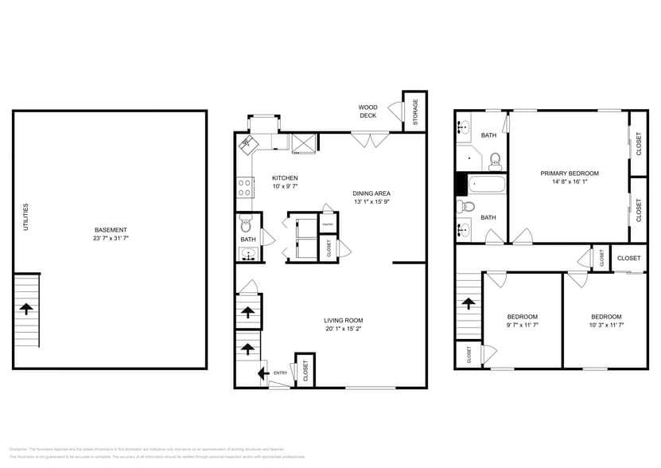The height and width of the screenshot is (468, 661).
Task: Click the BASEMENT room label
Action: (x=110, y=230)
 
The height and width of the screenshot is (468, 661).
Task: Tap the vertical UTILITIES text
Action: (x=25, y=216)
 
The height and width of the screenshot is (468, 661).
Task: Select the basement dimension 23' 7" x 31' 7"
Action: (x=110, y=238)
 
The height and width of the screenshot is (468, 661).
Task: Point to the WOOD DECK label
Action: (x=367, y=111)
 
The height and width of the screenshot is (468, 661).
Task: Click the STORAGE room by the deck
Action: (x=414, y=112)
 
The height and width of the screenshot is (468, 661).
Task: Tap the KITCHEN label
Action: (x=285, y=177)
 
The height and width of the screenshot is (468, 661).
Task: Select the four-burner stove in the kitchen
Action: (x=245, y=188)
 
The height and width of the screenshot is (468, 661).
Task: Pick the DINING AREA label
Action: (x=371, y=193)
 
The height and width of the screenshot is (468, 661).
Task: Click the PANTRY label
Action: (x=327, y=225)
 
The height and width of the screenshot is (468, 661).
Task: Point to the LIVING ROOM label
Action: (x=343, y=320)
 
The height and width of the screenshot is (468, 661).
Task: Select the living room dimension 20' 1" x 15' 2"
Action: (x=343, y=328)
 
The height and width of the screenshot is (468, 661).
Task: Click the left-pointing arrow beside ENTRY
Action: (x=262, y=372)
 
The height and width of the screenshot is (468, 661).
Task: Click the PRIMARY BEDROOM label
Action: (x=570, y=173)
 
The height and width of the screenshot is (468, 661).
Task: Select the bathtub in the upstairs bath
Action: (x=484, y=185)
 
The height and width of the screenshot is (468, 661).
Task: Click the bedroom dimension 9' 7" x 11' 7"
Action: (x=523, y=325)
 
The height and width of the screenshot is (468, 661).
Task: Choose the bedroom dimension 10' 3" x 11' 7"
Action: (x=606, y=325)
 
